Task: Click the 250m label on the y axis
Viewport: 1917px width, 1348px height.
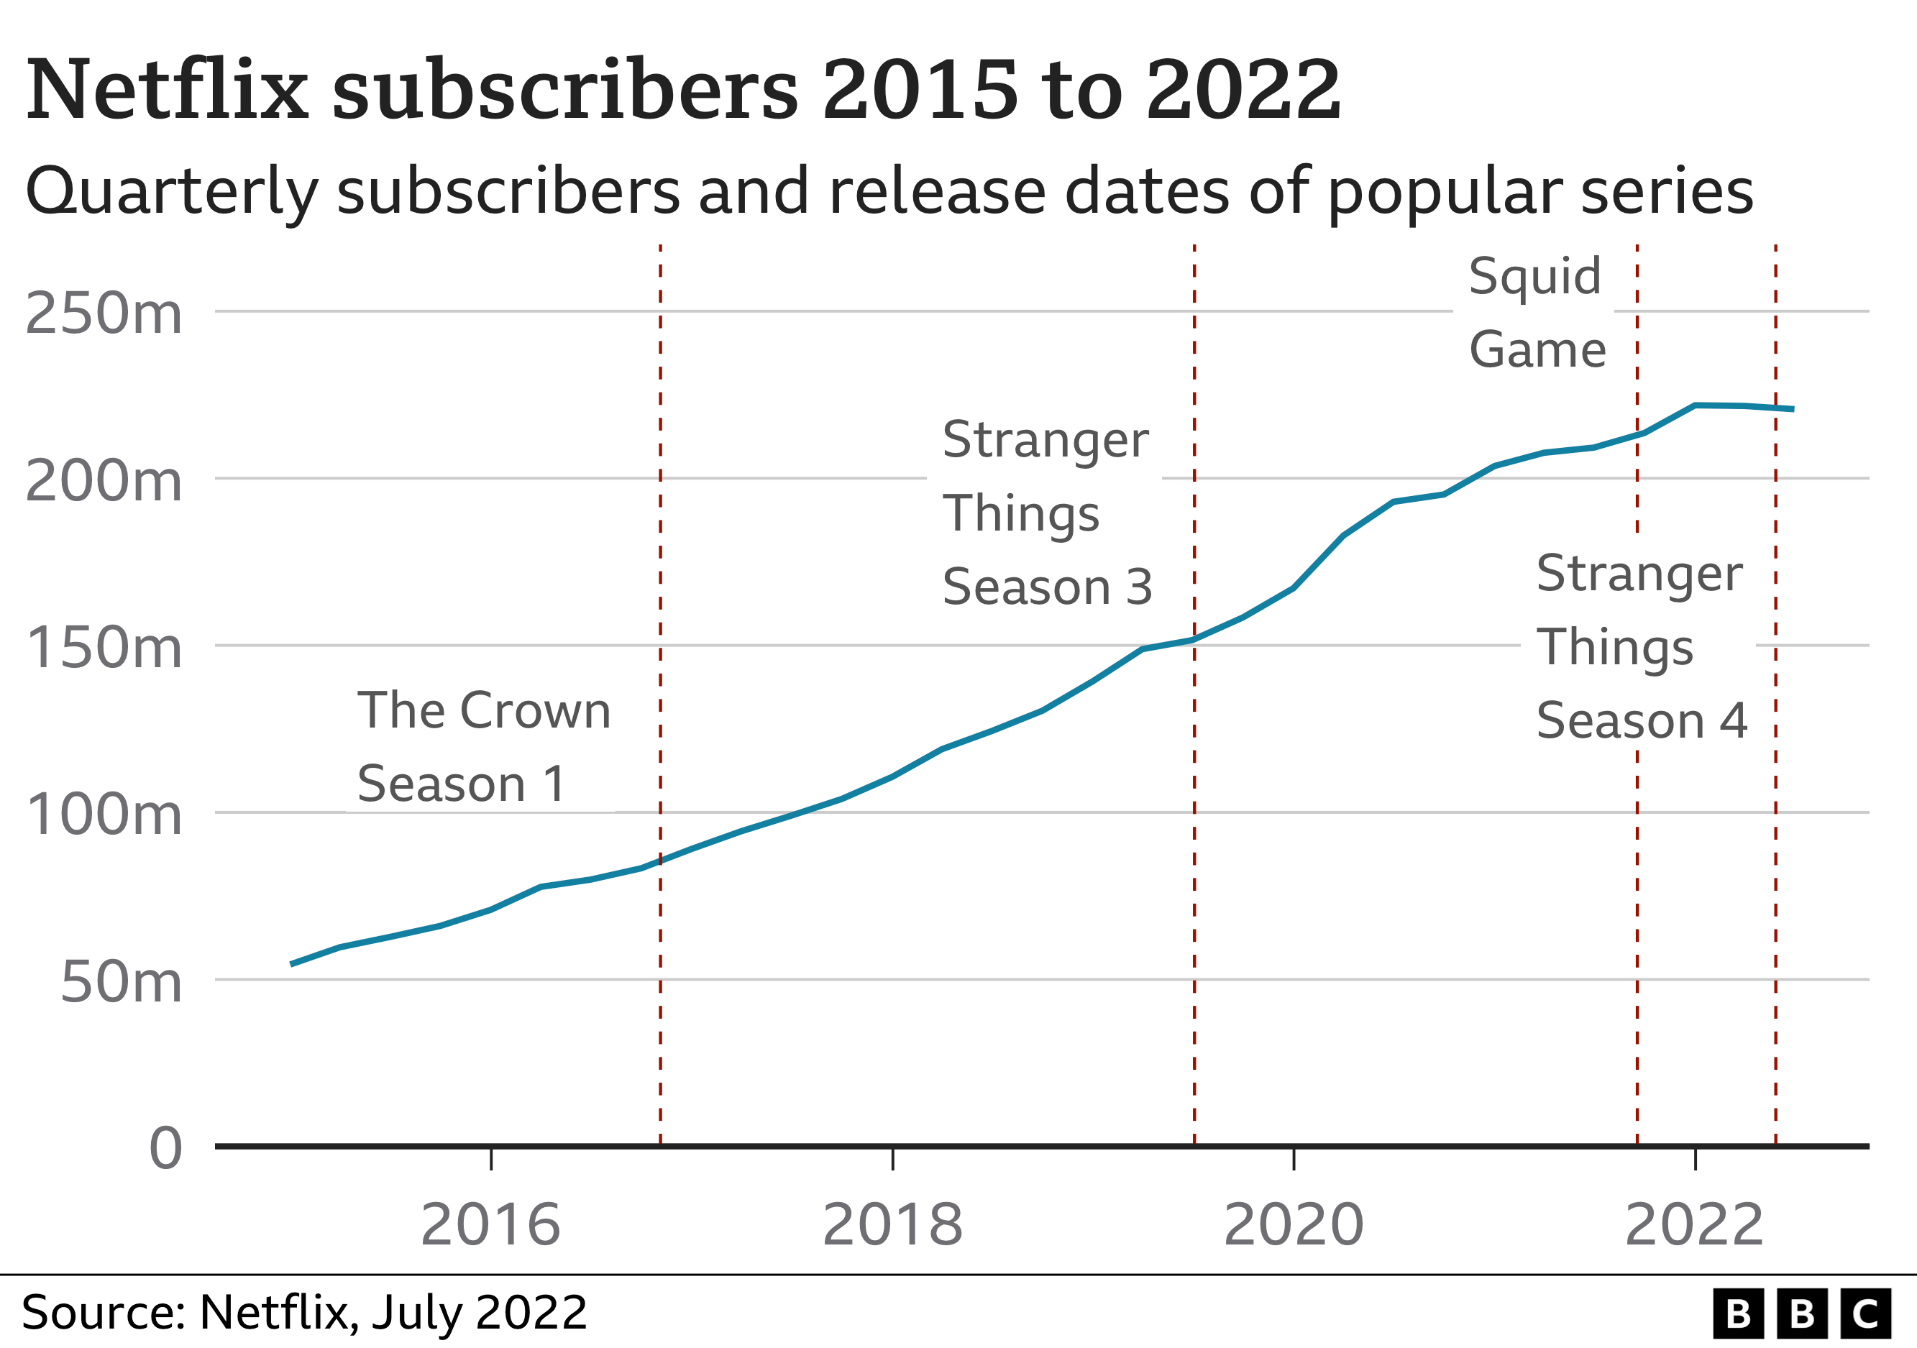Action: pos(104,314)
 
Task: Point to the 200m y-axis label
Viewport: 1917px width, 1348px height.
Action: pos(104,481)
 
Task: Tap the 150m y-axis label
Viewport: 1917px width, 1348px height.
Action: pos(104,648)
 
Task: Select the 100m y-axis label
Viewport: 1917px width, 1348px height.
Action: pos(104,815)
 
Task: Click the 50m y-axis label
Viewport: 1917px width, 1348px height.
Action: pos(121,982)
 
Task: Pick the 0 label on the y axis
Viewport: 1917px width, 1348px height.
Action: pos(165,1149)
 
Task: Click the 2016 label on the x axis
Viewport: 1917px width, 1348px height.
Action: pos(490,1224)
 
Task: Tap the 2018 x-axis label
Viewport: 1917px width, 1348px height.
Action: pos(892,1224)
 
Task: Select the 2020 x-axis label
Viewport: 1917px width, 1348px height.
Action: pos(1294,1224)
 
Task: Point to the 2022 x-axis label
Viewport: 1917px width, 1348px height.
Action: pos(1694,1224)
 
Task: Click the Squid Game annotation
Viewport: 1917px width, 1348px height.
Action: pos(1537,312)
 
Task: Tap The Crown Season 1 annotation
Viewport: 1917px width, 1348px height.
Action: pos(483,746)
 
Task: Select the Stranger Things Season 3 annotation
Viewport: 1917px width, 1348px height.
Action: pos(1046,513)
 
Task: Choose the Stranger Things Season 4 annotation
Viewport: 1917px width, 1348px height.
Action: pos(1641,647)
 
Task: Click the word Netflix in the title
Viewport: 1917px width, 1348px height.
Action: pos(167,89)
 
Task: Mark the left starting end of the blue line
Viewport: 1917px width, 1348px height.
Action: pos(291,964)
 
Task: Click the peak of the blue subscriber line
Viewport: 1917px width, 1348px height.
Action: pos(1695,405)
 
